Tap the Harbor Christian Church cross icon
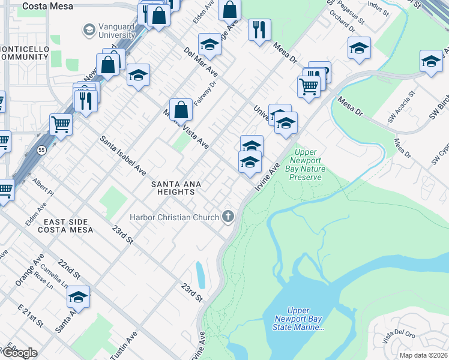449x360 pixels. coord(228,216)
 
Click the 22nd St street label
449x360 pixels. coord(69,270)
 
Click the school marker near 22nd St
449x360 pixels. coord(78,297)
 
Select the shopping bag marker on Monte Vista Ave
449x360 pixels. coord(181,110)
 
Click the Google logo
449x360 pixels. coord(19,353)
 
